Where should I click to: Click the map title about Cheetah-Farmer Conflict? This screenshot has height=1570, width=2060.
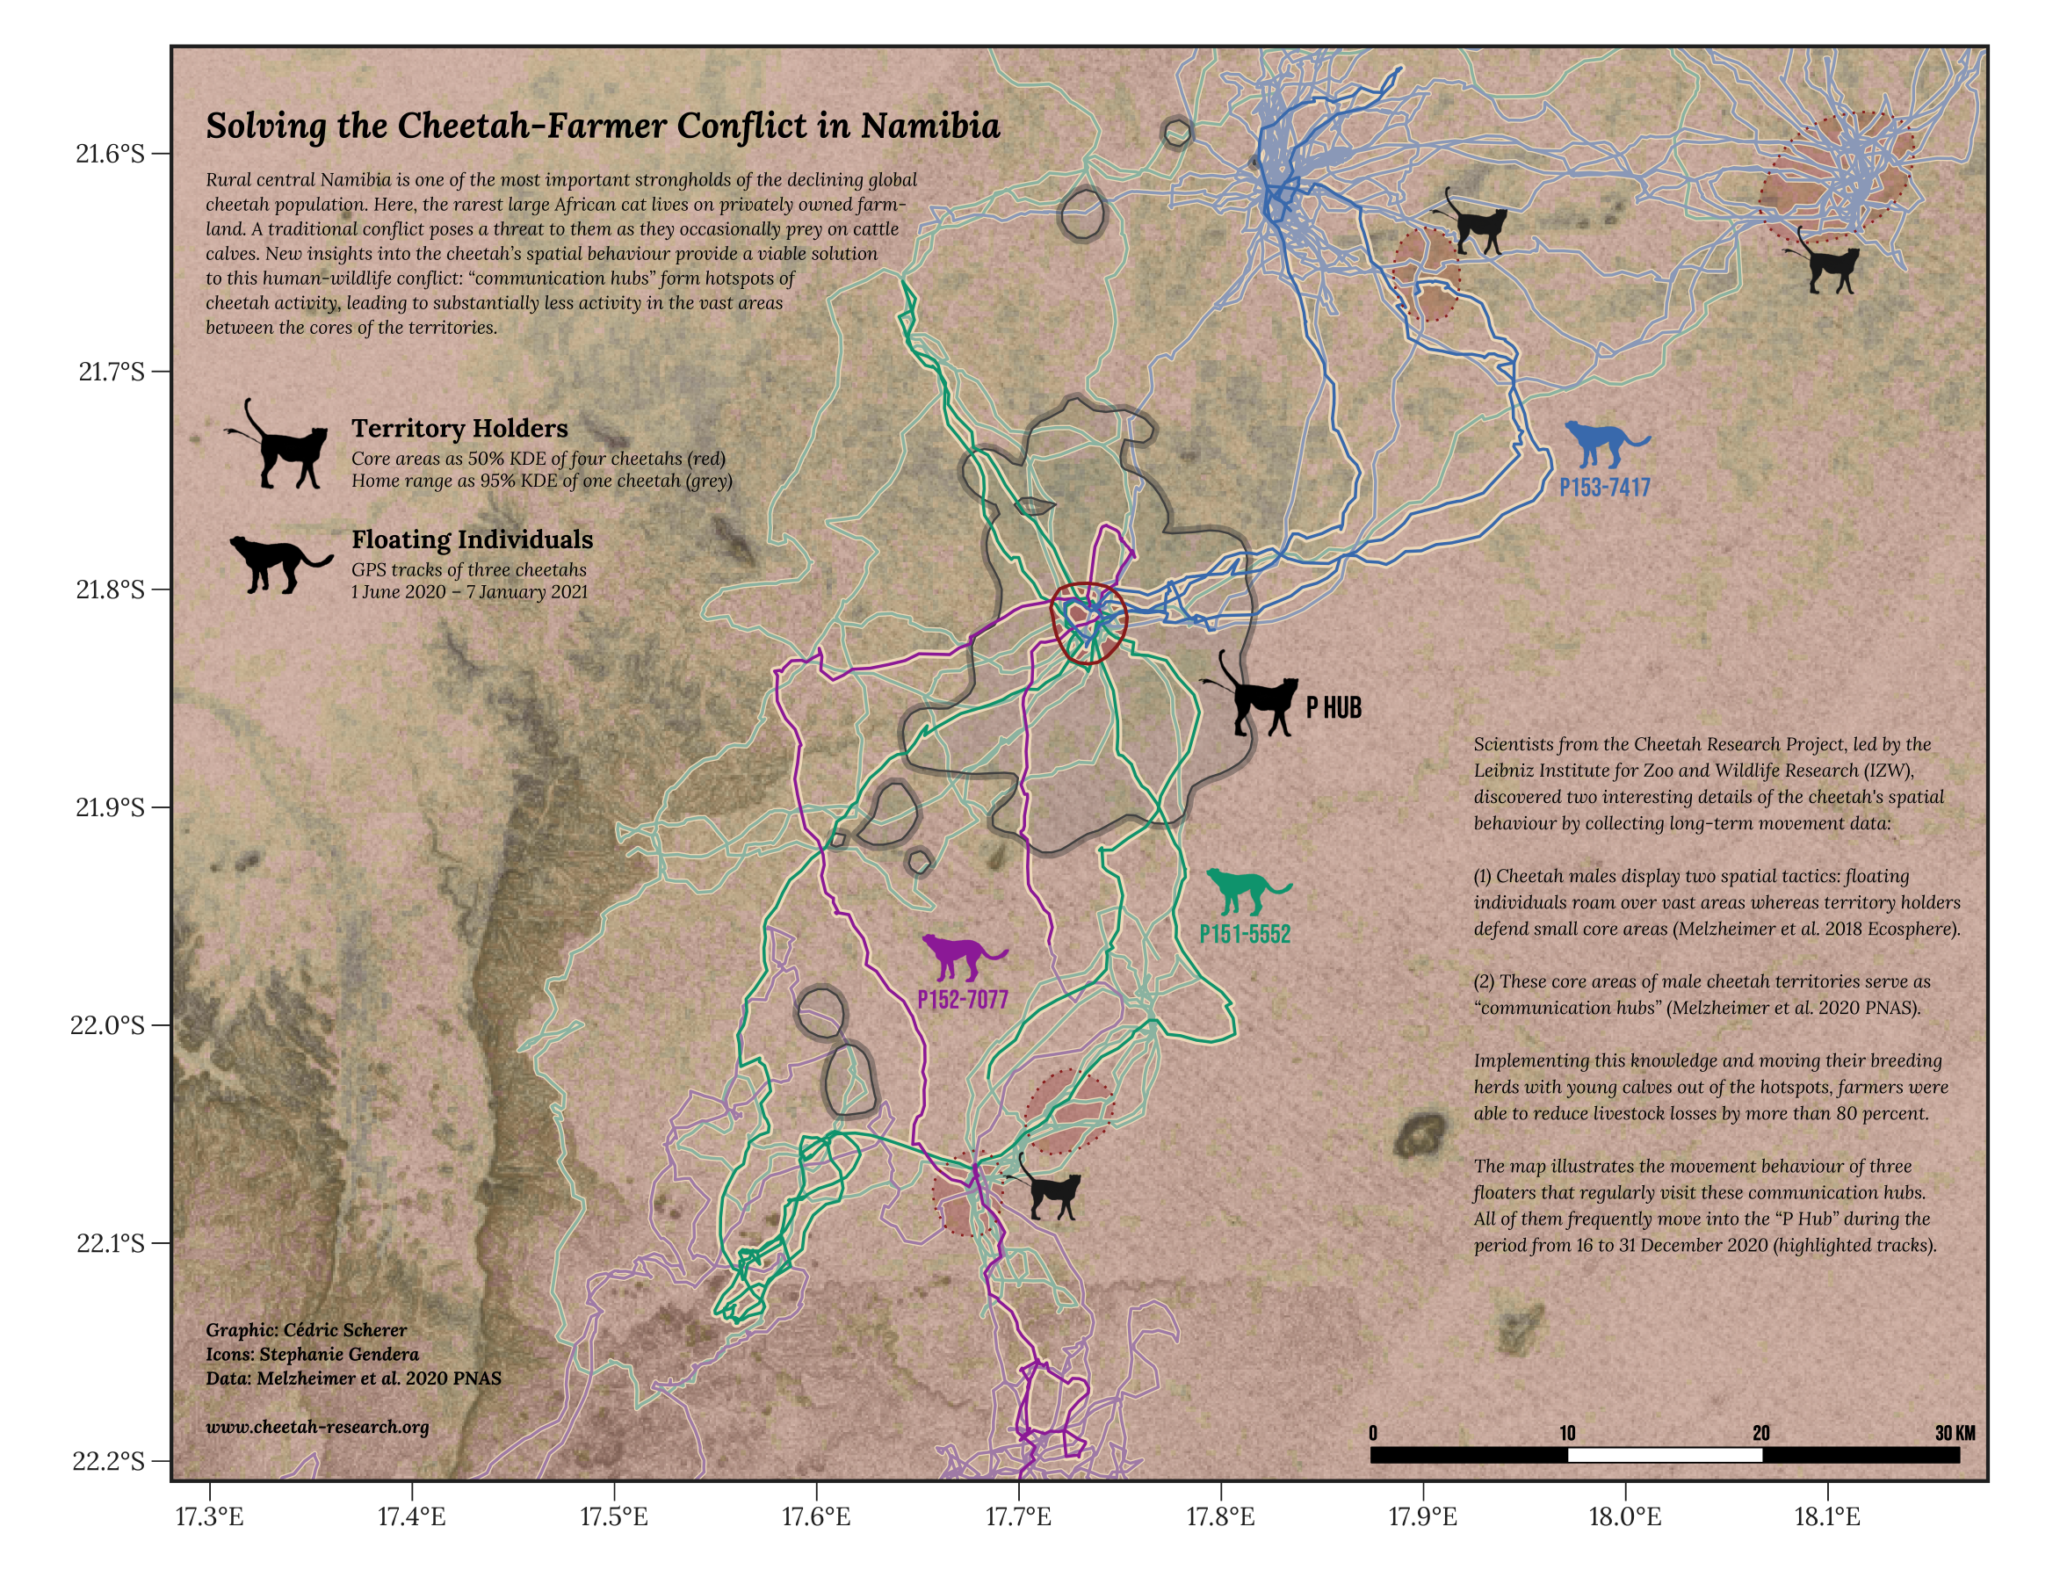(x=603, y=127)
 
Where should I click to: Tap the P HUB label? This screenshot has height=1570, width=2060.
(x=1334, y=707)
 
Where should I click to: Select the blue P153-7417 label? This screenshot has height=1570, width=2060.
(x=1604, y=487)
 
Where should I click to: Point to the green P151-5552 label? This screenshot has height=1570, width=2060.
(x=1245, y=934)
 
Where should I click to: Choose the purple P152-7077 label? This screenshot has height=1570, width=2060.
(x=962, y=1000)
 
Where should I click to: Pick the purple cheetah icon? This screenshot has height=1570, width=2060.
(x=962, y=955)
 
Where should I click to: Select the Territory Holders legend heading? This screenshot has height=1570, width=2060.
(x=459, y=428)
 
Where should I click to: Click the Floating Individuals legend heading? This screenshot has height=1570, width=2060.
(x=472, y=539)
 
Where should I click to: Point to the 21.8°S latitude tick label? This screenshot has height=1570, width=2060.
(x=110, y=590)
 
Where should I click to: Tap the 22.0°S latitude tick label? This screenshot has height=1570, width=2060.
(x=107, y=1025)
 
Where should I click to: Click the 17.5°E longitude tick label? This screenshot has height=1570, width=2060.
(x=614, y=1516)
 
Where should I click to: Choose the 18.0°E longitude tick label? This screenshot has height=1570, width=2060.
(x=1624, y=1516)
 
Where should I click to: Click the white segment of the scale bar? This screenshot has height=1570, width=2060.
(x=1664, y=1454)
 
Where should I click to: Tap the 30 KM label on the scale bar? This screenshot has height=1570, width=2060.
(x=1955, y=1433)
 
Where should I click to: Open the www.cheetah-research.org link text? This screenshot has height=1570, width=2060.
(x=318, y=1427)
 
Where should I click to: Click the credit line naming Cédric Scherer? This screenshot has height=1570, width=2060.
(x=307, y=1330)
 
